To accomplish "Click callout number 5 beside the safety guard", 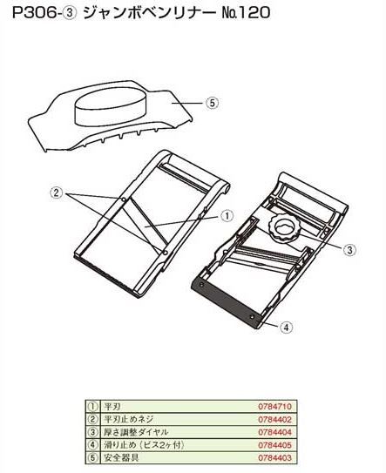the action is [212, 103].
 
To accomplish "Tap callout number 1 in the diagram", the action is [227, 216].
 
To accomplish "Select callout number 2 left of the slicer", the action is [56, 193].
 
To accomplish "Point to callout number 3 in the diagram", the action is [349, 250].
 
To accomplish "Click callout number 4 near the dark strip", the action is [286, 327].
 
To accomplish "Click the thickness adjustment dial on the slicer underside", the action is [284, 228].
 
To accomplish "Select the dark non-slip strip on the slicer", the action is [226, 302].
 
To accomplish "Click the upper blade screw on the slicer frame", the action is [124, 199].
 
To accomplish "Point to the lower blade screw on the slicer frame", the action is [165, 252].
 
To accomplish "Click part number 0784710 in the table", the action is [275, 406].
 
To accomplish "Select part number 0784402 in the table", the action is [275, 419].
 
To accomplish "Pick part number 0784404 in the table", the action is [275, 432].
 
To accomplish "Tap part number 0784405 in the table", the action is [275, 445].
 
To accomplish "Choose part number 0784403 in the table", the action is [275, 458].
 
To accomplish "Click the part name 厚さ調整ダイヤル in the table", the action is [136, 432].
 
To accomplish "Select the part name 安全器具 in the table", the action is [121, 457].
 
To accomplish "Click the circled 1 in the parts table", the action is [93, 407].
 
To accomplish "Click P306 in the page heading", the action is [34, 13].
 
